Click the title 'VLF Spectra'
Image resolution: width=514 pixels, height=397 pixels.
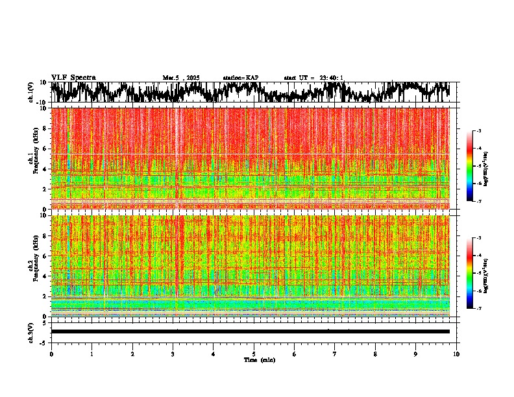click(73, 78)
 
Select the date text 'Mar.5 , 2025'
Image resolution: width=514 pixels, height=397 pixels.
click(181, 78)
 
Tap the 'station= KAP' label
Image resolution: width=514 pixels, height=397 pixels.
click(240, 78)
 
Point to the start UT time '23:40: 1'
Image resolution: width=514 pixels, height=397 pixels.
click(329, 78)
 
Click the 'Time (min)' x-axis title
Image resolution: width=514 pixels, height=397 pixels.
click(259, 359)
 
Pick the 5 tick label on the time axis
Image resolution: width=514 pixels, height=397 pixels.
click(254, 354)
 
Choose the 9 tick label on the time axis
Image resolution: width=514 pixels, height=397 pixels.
click(416, 354)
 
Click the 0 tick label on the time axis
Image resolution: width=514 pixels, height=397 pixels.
click(51, 354)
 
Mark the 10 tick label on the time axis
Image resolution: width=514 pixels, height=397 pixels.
click(456, 354)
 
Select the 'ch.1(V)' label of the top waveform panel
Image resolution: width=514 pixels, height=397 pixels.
click(31, 93)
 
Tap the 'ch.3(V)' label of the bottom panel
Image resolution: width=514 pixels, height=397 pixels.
click(31, 331)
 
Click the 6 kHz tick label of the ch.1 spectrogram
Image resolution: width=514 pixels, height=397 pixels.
click(44, 149)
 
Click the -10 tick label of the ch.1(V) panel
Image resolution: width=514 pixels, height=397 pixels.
click(41, 102)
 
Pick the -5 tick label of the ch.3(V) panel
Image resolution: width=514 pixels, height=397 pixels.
click(43, 342)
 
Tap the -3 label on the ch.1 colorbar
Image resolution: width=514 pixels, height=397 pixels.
click(480, 131)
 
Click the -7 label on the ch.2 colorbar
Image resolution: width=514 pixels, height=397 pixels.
click(480, 309)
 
